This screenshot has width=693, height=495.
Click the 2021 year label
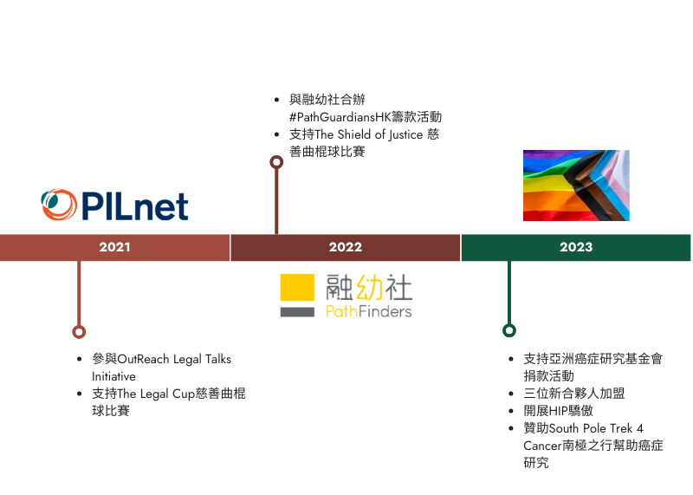pos(114,248)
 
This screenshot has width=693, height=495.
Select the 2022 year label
pos(345,248)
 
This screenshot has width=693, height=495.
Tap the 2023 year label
pos(576,248)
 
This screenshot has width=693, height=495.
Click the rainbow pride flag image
pos(606,186)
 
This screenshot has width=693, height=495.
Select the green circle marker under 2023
pos(508,330)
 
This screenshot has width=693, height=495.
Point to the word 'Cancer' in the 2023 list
pos(541,446)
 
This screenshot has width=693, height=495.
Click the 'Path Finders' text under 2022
pos(368,311)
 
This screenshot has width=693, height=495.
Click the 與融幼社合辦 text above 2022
pos(327,100)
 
